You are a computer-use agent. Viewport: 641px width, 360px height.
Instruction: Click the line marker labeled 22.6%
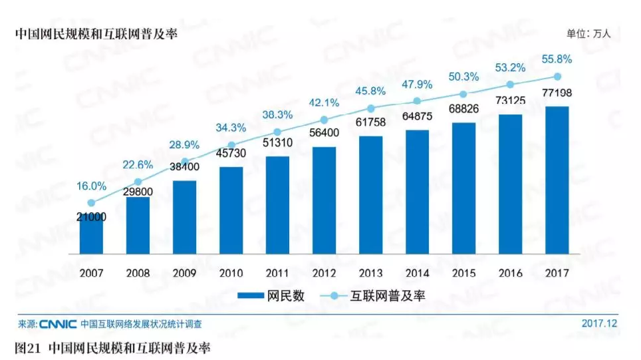click(138, 182)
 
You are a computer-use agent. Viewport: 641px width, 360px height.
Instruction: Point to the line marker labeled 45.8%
click(371, 108)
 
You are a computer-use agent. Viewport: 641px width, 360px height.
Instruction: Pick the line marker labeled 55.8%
click(557, 77)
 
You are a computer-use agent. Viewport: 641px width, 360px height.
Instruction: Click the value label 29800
click(138, 191)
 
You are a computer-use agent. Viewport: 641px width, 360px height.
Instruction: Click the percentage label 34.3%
click(231, 128)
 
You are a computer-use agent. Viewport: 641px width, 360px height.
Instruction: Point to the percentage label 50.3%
click(463, 77)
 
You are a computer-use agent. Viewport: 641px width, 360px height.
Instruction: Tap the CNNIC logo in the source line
click(58, 325)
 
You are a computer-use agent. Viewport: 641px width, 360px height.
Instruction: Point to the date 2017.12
click(600, 324)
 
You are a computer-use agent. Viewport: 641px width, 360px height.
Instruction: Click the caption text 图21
click(29, 347)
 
